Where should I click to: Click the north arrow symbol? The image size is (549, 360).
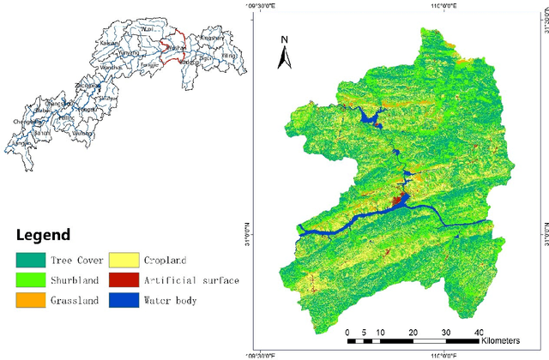(x=287, y=53)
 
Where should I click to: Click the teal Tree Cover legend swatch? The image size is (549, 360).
(x=28, y=260)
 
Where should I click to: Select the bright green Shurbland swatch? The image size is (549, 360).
(x=28, y=279)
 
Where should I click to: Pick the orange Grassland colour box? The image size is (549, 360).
(x=28, y=300)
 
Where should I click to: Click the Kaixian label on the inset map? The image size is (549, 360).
(x=109, y=42)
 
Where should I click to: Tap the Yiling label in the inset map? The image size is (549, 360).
(x=227, y=55)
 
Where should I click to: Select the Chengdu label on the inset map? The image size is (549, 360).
(x=27, y=122)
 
